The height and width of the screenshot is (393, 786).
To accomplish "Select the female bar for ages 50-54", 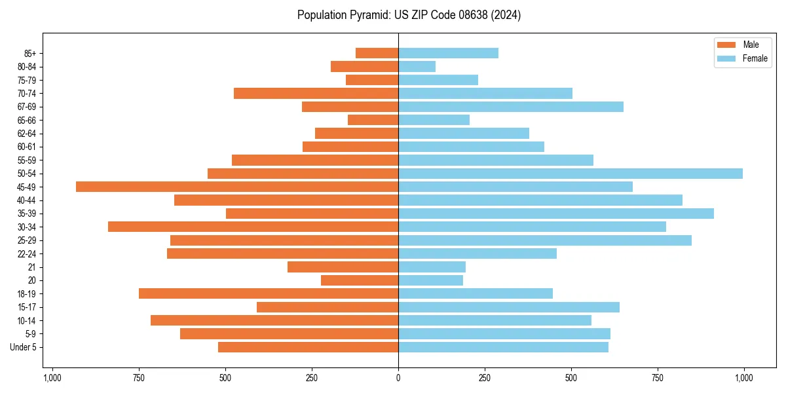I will [x=571, y=174].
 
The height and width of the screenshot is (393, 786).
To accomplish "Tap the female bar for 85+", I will [x=448, y=53].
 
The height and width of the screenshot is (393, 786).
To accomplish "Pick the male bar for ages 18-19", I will [x=269, y=293].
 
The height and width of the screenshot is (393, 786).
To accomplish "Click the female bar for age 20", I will [x=430, y=280].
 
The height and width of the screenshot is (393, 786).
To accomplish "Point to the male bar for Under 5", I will [x=308, y=347].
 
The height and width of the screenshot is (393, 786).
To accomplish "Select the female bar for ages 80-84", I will [x=417, y=66].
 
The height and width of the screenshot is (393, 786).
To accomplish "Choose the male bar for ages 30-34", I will [x=253, y=227].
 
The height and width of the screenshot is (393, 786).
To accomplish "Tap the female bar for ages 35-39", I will [x=556, y=214].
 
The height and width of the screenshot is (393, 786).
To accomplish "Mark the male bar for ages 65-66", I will [x=373, y=120].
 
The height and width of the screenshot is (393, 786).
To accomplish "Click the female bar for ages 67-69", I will [x=511, y=107].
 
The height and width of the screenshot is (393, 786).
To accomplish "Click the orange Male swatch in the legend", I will [x=727, y=45].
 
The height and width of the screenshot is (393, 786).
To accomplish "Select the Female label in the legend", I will [x=755, y=58].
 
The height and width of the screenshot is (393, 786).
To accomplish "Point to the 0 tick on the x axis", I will [x=398, y=378].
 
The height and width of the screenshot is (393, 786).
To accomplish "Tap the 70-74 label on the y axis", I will [x=27, y=93].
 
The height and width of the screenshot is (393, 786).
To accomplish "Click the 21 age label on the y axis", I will [x=32, y=267].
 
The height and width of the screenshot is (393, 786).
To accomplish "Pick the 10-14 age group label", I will [x=27, y=320].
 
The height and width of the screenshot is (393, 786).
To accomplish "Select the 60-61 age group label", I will [x=27, y=147].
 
